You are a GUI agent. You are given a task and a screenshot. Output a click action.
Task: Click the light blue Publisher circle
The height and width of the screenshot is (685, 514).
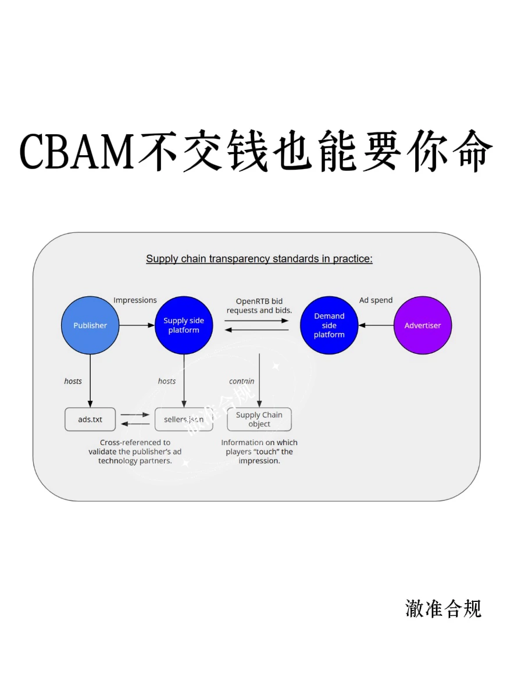point(90,325)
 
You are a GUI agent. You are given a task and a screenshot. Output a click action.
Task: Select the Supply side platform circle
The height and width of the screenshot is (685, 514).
point(184,325)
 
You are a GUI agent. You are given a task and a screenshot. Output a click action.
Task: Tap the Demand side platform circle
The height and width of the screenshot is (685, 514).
point(329,325)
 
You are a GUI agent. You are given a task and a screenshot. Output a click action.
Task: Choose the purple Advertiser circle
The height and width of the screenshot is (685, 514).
point(423,325)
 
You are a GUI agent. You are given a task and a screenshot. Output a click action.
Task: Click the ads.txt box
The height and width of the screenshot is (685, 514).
point(90,419)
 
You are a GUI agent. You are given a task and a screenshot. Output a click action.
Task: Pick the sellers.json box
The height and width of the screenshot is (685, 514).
point(184,419)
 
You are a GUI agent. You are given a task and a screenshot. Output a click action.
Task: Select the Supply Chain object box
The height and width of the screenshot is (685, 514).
point(259,419)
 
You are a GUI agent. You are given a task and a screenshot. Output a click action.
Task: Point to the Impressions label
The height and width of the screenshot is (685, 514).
point(135,300)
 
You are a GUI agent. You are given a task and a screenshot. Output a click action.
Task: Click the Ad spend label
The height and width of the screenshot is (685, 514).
point(376,300)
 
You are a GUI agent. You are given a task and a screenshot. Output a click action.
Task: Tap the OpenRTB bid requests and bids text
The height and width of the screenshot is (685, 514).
point(259,306)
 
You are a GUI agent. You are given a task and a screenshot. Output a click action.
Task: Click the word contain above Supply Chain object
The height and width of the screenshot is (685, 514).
point(242,381)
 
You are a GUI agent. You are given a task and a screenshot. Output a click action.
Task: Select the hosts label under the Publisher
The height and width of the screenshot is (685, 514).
point(73,381)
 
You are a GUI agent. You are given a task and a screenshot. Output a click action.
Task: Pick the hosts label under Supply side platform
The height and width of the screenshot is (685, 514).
point(167,381)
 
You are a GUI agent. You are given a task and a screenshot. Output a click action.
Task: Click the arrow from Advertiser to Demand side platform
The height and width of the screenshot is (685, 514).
point(376,325)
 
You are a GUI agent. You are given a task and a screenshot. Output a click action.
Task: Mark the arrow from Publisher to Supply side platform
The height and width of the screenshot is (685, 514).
point(137,325)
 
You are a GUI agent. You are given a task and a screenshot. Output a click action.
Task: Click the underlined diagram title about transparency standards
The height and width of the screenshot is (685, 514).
point(259,259)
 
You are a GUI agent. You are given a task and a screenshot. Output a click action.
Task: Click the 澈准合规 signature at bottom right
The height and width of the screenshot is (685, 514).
point(443,608)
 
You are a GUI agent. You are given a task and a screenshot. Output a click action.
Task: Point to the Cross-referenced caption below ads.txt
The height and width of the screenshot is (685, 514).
point(135,451)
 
